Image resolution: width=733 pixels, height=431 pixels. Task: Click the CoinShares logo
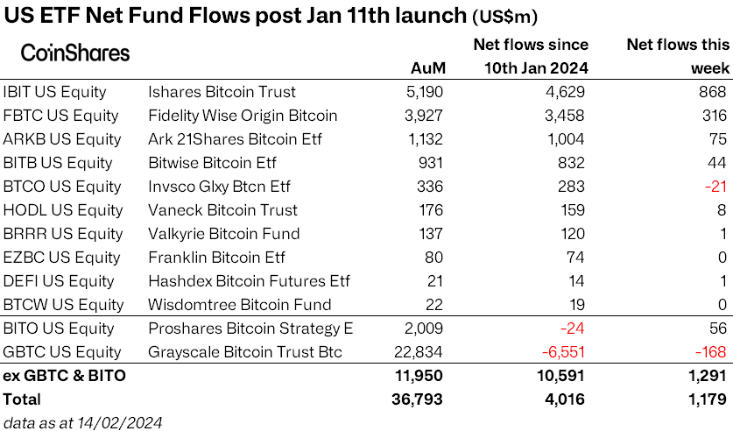click(74, 53)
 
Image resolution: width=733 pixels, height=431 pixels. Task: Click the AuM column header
click(427, 68)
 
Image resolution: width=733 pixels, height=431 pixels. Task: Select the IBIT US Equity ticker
click(54, 92)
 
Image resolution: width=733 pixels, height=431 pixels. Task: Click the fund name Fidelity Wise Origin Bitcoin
click(243, 116)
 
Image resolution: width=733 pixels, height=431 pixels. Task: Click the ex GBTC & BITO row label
click(65, 376)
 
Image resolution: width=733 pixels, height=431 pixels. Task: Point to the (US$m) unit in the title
click(505, 17)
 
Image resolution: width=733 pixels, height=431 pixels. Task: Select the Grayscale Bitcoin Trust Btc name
click(245, 352)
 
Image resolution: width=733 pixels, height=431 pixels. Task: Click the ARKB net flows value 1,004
click(563, 139)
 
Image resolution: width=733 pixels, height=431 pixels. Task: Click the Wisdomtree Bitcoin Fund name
click(240, 305)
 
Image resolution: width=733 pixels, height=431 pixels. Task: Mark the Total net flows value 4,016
click(563, 399)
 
